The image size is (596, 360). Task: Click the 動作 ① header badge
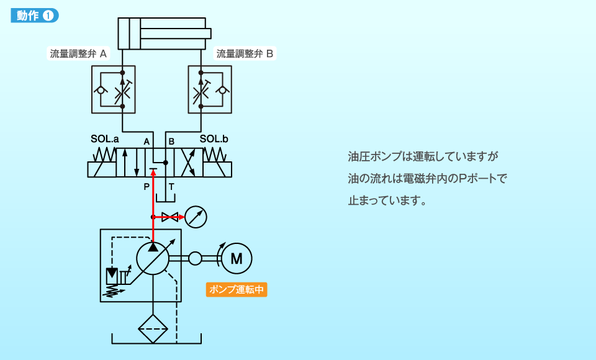[x=35, y=16]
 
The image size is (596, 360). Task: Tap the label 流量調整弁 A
[x=78, y=53]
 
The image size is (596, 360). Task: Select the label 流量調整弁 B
[x=245, y=53]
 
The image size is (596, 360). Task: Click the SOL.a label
[x=106, y=140]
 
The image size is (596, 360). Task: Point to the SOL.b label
[x=214, y=140]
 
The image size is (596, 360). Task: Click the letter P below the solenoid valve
[x=147, y=186]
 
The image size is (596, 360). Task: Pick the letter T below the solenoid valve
[x=171, y=186]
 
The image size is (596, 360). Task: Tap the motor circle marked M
[x=237, y=258]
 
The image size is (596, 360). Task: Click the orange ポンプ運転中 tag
[x=237, y=290]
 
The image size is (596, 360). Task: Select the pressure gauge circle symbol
[x=196, y=217]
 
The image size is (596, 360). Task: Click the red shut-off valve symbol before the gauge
[x=169, y=217]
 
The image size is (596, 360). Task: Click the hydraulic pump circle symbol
[x=153, y=258]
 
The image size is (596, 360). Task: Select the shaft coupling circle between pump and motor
[x=195, y=258]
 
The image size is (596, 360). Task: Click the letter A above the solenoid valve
[x=147, y=142]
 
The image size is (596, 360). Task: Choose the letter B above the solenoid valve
[x=171, y=142]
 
